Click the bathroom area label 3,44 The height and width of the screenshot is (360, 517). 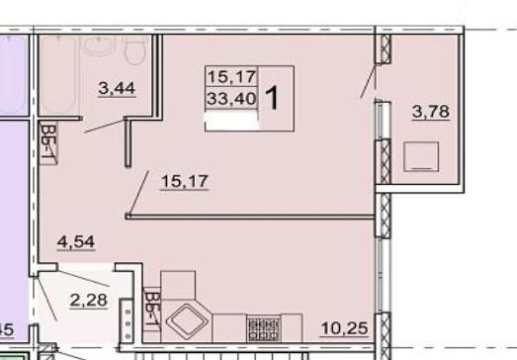coord(117,89)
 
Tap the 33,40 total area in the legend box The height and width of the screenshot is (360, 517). coord(231,98)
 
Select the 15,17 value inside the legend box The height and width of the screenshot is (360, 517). coord(232,77)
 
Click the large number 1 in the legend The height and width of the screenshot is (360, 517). coord(273,98)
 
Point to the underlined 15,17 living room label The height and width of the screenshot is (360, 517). coord(184,182)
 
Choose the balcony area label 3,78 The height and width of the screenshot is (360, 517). coord(431,112)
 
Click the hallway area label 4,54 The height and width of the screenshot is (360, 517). coord(76,242)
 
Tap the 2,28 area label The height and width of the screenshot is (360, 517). coord(89,301)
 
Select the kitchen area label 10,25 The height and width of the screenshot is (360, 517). coord(344,328)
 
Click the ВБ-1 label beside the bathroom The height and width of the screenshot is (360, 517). coord(48,143)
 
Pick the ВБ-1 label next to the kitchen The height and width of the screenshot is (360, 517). coord(152,310)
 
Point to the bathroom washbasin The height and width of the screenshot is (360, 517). coord(99,45)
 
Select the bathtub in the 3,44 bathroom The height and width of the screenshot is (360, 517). coord(58,75)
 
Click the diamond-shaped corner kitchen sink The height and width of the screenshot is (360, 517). coord(188,320)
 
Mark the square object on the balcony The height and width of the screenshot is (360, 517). coord(421,156)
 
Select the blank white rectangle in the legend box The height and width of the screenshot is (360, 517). coord(231,121)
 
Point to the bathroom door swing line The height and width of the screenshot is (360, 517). coord(104,126)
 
